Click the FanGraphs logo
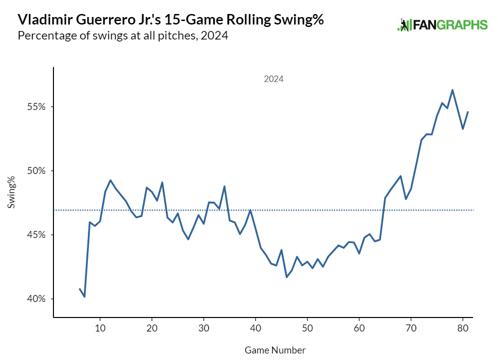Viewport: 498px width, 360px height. (x=442, y=24)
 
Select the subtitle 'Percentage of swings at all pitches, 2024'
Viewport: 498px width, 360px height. (x=123, y=36)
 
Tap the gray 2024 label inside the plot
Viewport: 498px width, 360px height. (x=274, y=79)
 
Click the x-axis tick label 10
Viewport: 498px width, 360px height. (x=100, y=328)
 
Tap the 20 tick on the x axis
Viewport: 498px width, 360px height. (x=152, y=328)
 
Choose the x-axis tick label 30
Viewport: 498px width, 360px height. (x=204, y=328)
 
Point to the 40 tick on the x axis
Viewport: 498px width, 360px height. (x=256, y=328)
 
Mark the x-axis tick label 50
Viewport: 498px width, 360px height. (x=308, y=328)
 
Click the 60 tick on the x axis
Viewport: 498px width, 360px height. (x=359, y=328)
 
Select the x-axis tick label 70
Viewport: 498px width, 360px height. (x=411, y=328)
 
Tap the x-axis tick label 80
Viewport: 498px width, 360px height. (x=463, y=328)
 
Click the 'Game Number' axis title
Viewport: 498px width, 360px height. (x=275, y=350)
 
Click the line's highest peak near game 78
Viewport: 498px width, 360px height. (x=453, y=90)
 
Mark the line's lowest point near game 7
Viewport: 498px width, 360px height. (x=85, y=296)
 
